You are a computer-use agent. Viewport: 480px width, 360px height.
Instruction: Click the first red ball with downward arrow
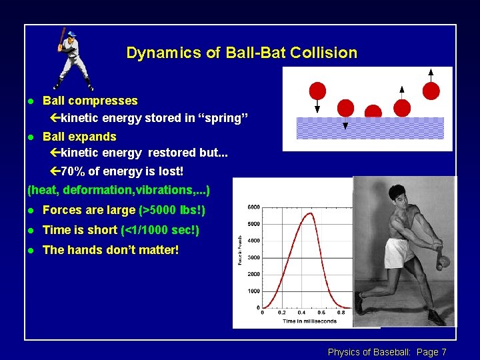tap(318, 91)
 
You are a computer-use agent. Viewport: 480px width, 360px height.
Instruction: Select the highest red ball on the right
tap(431, 90)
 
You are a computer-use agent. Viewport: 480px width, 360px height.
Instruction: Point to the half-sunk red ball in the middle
tap(373, 112)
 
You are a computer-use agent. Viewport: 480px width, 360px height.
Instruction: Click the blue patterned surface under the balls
tap(370, 128)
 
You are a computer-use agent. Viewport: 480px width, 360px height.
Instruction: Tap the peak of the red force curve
tap(308, 213)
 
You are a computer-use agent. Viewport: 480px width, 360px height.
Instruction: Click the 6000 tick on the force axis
tap(253, 207)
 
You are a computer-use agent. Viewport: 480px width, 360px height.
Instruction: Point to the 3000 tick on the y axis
tap(253, 257)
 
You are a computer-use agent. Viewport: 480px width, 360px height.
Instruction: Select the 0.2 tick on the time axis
tap(282, 313)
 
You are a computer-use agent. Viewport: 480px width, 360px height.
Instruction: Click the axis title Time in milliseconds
tap(291, 321)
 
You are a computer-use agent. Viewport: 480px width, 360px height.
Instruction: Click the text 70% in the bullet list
tap(73, 171)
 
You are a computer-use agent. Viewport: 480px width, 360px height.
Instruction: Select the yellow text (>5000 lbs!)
tap(172, 210)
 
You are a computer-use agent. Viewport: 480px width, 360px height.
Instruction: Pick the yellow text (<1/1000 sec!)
tap(160, 230)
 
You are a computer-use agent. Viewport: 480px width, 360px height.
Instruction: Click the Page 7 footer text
tap(431, 352)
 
